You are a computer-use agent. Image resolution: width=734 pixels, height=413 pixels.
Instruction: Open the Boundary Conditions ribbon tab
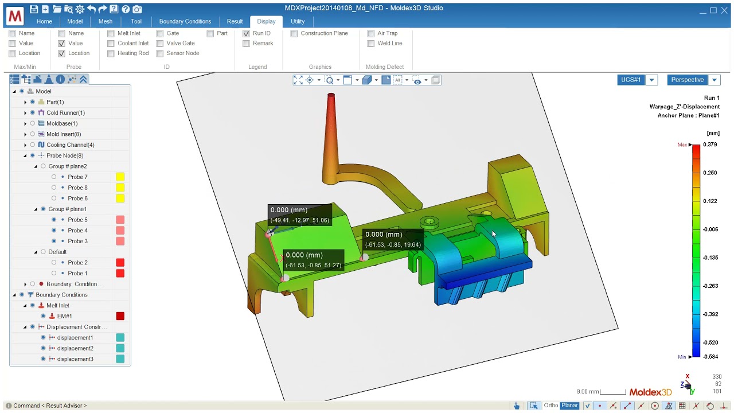click(x=185, y=21)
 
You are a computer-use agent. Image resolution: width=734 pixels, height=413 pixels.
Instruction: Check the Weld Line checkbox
click(x=371, y=43)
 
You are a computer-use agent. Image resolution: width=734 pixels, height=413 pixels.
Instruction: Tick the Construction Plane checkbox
click(x=294, y=33)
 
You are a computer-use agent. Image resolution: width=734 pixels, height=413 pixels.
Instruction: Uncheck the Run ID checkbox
click(x=246, y=33)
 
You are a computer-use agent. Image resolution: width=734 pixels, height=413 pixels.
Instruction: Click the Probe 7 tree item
click(x=77, y=177)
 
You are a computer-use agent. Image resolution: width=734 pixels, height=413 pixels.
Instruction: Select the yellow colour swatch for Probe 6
click(x=120, y=198)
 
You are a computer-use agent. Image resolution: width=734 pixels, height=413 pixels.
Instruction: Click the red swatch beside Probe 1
click(x=120, y=274)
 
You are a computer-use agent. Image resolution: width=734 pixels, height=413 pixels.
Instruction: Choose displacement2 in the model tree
click(x=75, y=348)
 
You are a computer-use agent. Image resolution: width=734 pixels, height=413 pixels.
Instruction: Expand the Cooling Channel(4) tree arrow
click(x=25, y=145)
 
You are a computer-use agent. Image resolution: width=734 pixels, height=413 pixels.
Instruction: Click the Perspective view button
click(x=687, y=80)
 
